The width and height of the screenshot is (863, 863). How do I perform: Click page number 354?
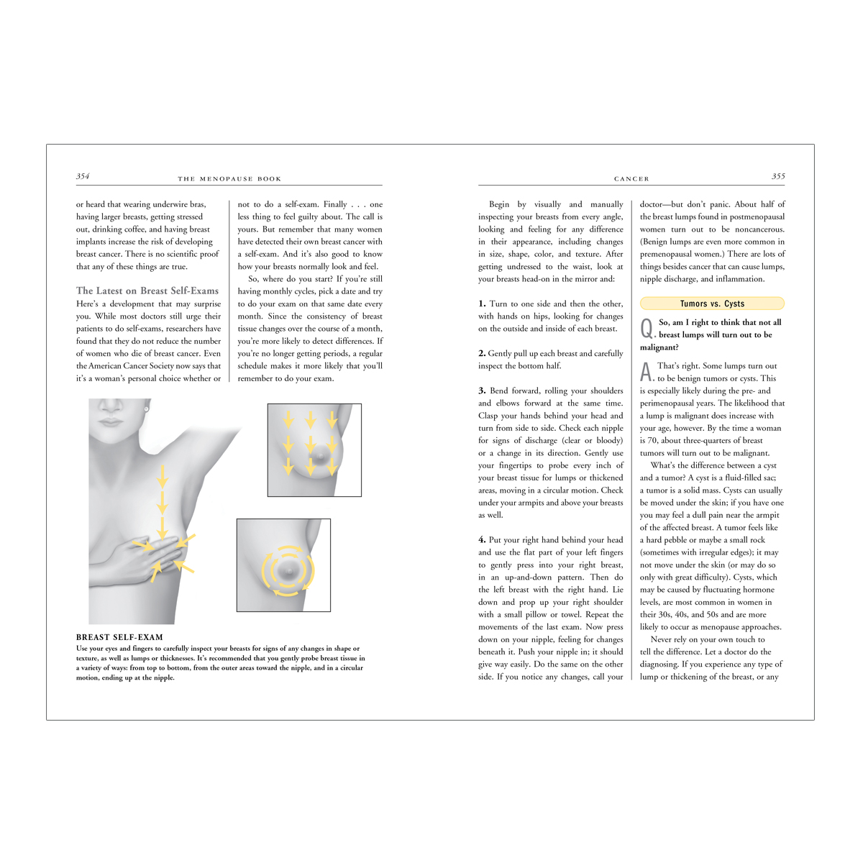[83, 176]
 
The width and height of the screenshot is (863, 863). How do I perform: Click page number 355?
[778, 176]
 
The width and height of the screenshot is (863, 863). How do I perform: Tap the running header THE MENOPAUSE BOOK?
[229, 178]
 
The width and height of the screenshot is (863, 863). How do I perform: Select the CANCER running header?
[631, 178]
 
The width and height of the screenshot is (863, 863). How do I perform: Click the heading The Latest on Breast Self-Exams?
[147, 291]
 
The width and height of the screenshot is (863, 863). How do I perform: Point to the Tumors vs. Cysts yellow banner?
[712, 303]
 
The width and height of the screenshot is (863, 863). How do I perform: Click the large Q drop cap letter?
[647, 329]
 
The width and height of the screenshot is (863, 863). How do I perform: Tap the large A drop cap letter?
[646, 372]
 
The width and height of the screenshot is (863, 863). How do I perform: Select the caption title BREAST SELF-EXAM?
[119, 637]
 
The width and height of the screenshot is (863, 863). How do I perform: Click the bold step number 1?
[482, 303]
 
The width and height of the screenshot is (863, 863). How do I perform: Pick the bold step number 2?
[482, 353]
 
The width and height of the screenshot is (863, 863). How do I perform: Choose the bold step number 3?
[482, 391]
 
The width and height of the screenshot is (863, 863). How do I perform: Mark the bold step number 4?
[482, 539]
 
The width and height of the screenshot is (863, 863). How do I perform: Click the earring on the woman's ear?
[146, 408]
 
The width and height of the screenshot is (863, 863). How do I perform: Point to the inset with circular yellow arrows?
[283, 565]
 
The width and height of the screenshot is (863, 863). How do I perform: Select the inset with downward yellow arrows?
[314, 449]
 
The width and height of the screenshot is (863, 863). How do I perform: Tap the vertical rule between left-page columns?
[229, 291]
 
